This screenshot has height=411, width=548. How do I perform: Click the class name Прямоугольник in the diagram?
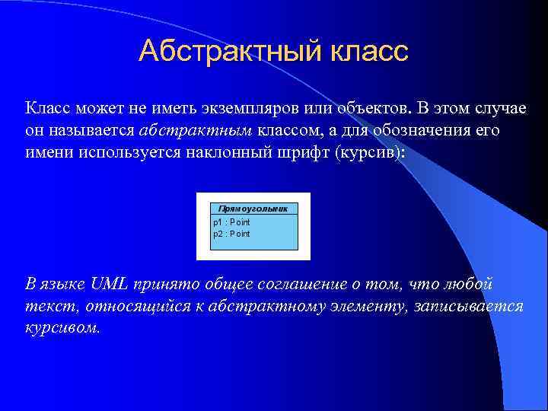pos(253,208)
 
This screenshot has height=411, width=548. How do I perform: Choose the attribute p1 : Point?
pos(231,222)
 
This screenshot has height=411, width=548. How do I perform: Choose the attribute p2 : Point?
pos(231,234)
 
